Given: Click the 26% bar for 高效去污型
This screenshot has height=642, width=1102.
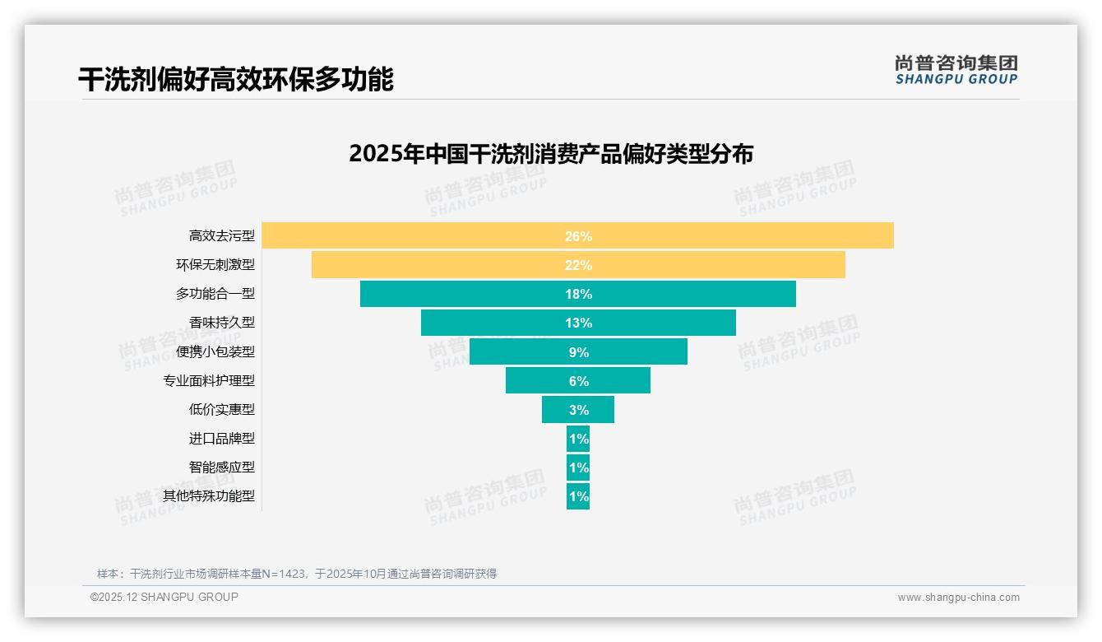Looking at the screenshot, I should coord(577,235).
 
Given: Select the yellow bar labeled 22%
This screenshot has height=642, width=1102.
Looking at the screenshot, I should coord(577,265).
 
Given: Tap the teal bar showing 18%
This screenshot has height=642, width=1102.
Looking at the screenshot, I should coord(577,294).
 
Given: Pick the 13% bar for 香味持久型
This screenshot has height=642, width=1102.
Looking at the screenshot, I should coord(577,323).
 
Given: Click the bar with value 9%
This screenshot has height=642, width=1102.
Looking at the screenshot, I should coord(577,351).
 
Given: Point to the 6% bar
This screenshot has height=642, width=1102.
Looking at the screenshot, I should coord(577,381).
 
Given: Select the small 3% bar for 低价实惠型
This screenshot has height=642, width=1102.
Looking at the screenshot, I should coord(577,410).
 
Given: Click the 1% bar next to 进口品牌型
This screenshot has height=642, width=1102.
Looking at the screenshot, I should coord(577,439).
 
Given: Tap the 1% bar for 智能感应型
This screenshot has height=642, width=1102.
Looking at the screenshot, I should coord(577,468).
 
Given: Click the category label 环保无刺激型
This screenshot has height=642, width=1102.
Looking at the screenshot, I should coord(215,265).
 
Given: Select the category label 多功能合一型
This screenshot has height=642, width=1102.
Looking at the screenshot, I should coord(215,294).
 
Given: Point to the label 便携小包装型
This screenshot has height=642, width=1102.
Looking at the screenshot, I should coord(215,351).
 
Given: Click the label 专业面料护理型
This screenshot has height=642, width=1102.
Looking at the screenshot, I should coord(209,381).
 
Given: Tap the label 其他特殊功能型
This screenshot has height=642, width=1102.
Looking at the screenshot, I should coord(209,496).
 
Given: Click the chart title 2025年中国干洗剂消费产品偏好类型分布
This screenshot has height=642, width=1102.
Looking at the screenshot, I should coord(550,154).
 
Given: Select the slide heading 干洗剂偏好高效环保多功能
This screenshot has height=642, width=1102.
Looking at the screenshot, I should coord(236,79).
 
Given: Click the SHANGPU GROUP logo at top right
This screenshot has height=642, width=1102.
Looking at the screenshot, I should coord(956,70).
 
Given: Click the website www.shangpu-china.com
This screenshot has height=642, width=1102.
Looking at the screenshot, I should coord(958,598).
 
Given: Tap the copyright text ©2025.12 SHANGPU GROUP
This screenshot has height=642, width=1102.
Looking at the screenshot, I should coord(164,597).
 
